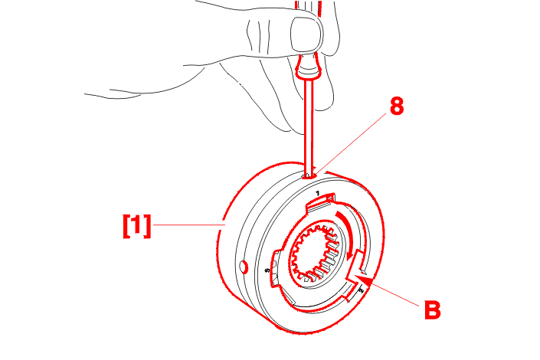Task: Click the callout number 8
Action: point(396,107)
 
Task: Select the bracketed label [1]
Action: point(137,225)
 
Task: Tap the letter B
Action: point(432,311)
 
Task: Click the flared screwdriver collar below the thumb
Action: point(306,73)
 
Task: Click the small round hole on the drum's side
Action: point(244,267)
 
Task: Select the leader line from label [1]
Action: point(188,224)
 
